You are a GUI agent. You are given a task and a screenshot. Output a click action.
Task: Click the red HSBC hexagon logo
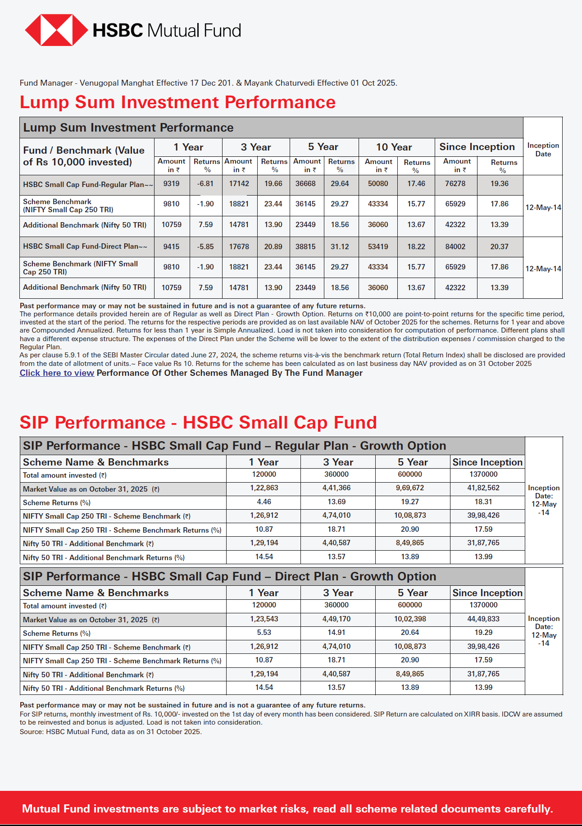56,30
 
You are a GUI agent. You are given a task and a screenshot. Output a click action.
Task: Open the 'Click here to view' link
57,373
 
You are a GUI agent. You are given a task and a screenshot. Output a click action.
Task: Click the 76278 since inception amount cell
455,184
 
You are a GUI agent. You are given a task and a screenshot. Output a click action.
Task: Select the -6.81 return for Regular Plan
205,184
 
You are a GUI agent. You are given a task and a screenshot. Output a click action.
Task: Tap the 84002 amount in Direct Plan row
455,247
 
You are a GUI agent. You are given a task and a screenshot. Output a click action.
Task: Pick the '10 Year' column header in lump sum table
394,147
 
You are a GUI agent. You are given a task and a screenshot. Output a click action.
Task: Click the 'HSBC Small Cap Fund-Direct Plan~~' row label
85,246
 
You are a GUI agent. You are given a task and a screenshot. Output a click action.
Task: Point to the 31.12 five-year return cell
340,247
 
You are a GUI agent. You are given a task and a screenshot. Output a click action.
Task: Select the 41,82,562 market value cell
483,488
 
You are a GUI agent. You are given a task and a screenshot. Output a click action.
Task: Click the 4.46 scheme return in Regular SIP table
264,502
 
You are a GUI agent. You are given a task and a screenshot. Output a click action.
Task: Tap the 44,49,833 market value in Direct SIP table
483,619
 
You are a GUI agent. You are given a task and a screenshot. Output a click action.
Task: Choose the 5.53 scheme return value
264,633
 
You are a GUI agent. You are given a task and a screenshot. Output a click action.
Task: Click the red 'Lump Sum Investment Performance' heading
177,102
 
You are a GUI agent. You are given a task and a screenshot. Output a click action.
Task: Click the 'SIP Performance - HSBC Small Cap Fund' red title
198,423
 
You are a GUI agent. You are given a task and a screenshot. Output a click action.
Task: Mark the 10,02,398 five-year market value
410,619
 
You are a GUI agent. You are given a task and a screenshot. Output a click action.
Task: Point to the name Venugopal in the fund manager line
99,83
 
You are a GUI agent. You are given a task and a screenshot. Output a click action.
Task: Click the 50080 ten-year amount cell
378,184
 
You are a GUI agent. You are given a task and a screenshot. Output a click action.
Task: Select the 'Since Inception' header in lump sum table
477,147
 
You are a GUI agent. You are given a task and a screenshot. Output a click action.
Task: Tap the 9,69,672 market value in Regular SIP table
410,488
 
